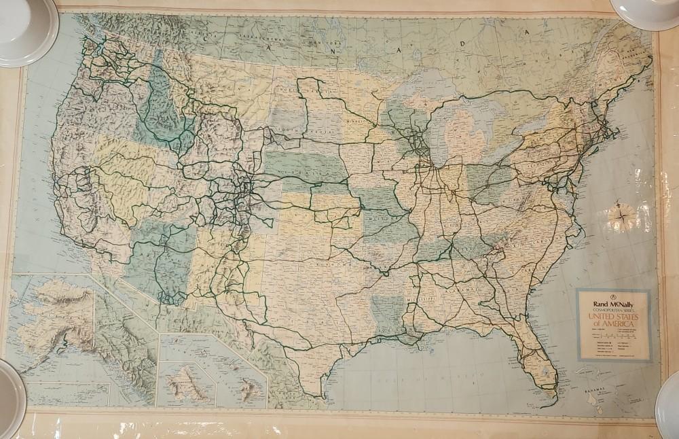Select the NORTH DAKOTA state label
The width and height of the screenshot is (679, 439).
(294, 88)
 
